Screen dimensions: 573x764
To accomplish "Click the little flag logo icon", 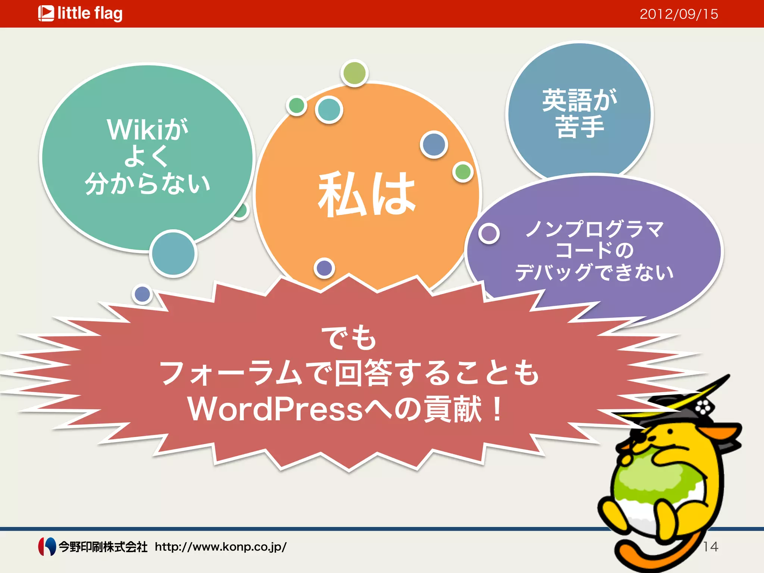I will pos(46,13).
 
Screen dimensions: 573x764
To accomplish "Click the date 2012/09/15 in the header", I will pos(679,14).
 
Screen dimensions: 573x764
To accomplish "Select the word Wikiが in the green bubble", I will pos(147,130).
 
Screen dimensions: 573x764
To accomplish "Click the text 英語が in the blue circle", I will pos(579,100).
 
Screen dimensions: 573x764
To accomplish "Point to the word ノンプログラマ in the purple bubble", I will pos(595,228).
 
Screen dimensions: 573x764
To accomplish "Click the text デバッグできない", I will pos(594,272).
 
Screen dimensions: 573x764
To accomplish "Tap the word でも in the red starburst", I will pos(349,338).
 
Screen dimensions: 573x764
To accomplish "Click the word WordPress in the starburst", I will pos(275,409).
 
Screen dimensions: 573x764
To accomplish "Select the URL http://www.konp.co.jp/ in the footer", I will pos(220,547).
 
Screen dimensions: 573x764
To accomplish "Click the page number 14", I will pos(710,547).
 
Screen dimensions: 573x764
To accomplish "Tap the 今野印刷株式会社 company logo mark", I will pos(47,547).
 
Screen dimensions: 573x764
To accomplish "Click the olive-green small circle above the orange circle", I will pos(354,73).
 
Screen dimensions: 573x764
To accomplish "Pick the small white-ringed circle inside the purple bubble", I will pos(489,234).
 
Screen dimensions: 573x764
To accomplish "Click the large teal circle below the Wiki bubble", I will pos(173,253).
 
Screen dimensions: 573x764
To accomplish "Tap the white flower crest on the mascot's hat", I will pos(703,407).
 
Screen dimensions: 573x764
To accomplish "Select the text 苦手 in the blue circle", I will pos(579,127).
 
